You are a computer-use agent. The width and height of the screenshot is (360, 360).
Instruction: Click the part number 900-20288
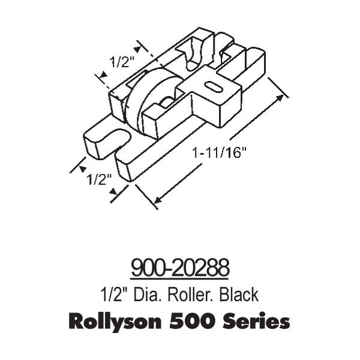coord(180,267)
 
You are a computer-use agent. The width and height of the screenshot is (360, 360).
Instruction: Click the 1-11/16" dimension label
coord(220,153)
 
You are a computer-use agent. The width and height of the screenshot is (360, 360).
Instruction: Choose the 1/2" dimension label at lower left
coord(97,178)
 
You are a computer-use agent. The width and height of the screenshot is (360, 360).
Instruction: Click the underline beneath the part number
coord(180,278)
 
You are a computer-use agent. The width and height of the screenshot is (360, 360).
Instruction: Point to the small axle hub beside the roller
coord(168,103)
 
